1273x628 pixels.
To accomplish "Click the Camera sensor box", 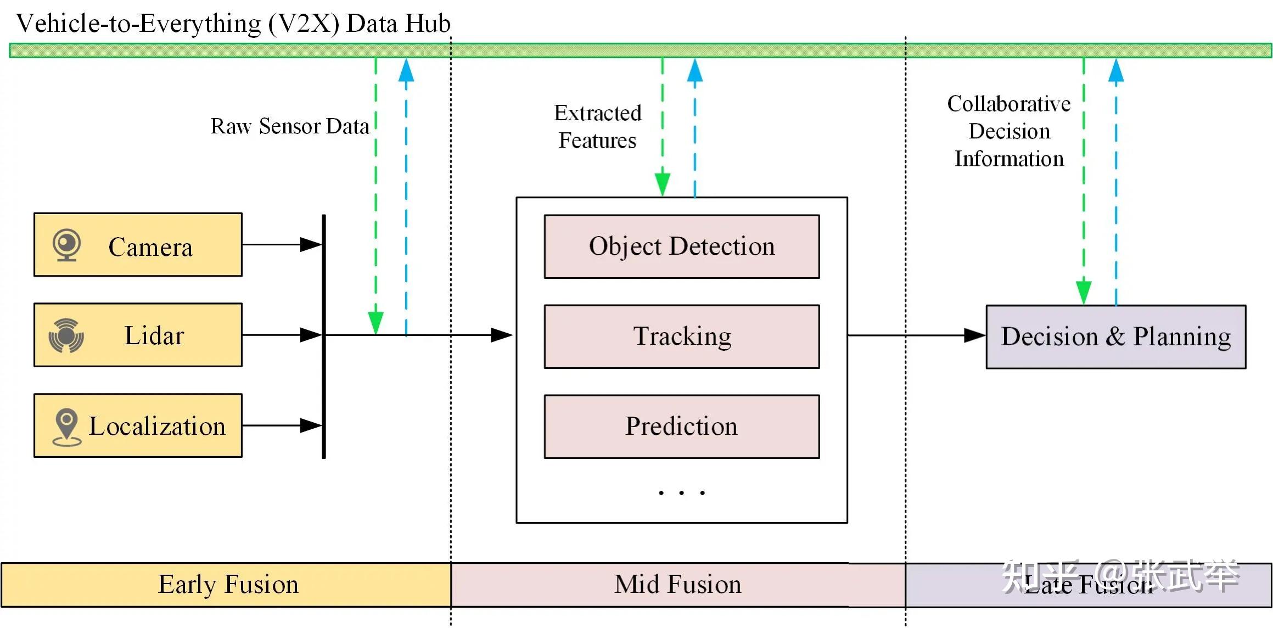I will tap(138, 245).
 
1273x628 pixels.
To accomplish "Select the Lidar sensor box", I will tap(138, 335).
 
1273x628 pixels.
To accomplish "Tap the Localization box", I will tap(138, 425).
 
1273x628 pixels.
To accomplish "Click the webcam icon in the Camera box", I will tap(66, 245).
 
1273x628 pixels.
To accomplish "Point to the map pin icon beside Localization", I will tap(66, 427).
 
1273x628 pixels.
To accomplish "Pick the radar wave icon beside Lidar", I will tap(66, 335).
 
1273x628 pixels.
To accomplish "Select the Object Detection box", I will tap(681, 246).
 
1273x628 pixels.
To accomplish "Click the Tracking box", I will tap(681, 337).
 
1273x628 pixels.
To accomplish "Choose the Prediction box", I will tap(681, 427).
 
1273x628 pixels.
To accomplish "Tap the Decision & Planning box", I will tap(1115, 337).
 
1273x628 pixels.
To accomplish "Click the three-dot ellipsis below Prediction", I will tap(681, 493).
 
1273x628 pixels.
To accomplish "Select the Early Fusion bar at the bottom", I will tap(226, 585).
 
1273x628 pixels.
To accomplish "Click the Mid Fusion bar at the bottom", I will tap(677, 585).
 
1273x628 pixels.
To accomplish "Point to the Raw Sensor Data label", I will tap(289, 126).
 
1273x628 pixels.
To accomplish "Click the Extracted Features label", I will tap(597, 127).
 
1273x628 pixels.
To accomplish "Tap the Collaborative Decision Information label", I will tap(1009, 131).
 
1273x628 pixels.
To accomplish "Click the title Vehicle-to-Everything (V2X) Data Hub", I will tap(233, 24).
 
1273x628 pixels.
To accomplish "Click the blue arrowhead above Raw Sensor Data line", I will tap(406, 70).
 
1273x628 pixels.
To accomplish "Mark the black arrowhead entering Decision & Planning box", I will tap(974, 335).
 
